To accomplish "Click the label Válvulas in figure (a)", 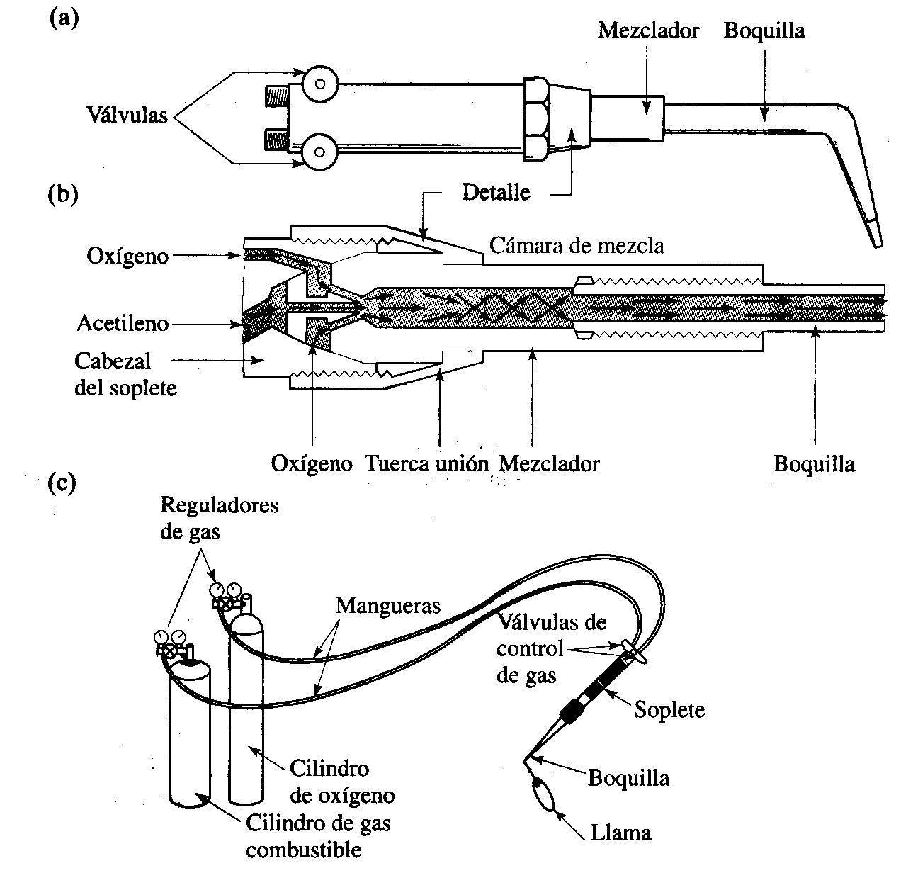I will pos(127,114).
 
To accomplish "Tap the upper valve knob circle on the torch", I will pos(319,84).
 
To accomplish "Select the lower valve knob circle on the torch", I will pos(319,151).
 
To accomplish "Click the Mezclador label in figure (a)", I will pos(648,31).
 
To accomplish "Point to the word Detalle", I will pos(496,191).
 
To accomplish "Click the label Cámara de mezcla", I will pos(577,245).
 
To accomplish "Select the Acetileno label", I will pos(123,324).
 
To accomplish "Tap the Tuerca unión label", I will pos(426,463).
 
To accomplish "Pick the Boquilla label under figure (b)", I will pos(814,463).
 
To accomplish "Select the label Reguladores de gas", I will pos(219,518).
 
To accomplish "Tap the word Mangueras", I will pos(388,605).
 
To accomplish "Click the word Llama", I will pos(620,832).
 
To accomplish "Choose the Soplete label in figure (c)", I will pos(669,709).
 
